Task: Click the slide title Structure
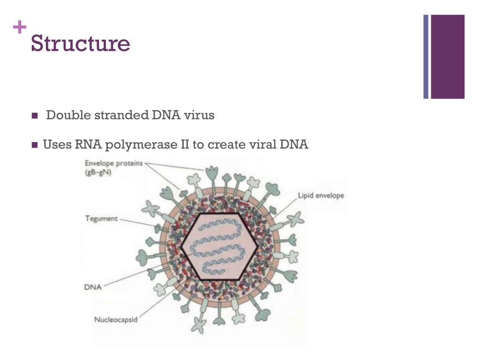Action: [x=80, y=44]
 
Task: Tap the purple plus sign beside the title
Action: [x=19, y=28]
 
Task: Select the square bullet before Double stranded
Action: [x=34, y=116]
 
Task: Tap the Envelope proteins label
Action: [x=114, y=164]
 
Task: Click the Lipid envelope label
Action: [x=321, y=195]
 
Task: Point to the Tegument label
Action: [x=101, y=218]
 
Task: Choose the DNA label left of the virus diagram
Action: [x=93, y=286]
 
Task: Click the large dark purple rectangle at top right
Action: [x=448, y=57]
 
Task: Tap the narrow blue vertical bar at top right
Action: [x=426, y=57]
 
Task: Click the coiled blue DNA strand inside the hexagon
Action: [x=219, y=246]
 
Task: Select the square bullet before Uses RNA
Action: [x=34, y=145]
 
